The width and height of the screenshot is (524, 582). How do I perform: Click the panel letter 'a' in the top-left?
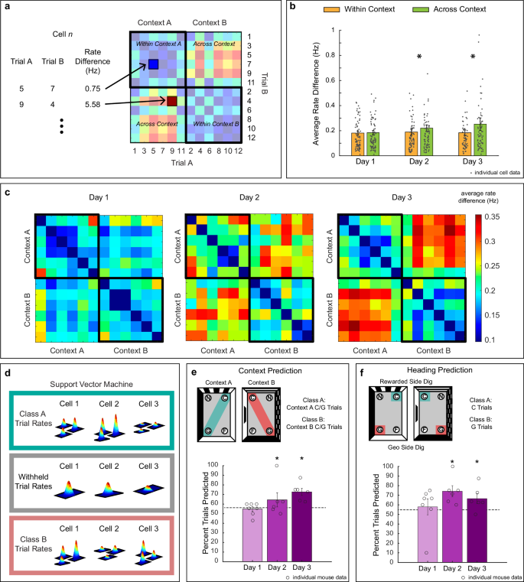pyautogui.click(x=8, y=8)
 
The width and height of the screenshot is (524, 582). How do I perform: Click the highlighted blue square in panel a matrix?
pyautogui.click(x=153, y=65)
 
